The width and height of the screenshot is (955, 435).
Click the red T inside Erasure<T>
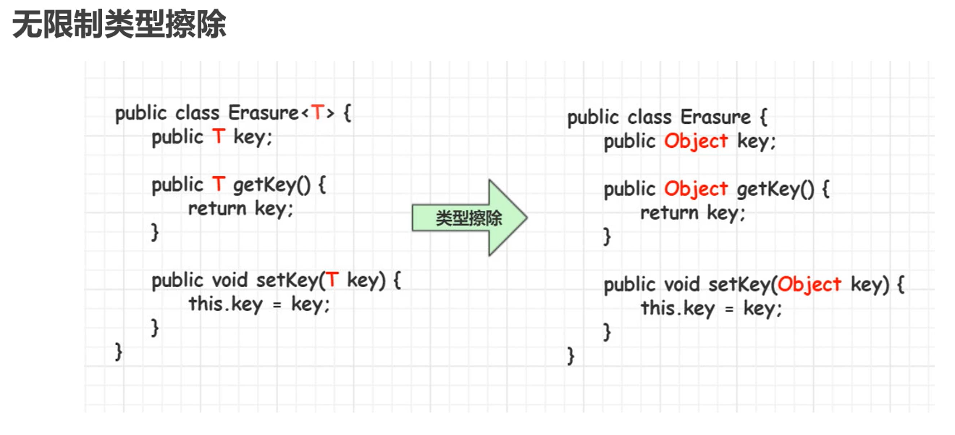(x=318, y=113)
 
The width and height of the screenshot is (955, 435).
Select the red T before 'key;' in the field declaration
(x=219, y=137)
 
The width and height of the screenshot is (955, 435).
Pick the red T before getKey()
(x=219, y=185)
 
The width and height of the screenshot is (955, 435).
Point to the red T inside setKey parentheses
(x=332, y=280)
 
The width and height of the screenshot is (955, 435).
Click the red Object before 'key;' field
(x=696, y=141)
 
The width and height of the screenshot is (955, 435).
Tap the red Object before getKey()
(x=696, y=189)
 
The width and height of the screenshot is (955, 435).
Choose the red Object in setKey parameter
(x=809, y=284)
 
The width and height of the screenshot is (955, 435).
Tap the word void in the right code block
(x=682, y=284)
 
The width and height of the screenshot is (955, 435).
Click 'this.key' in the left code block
(x=224, y=304)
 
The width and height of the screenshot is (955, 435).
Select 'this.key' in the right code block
(x=677, y=308)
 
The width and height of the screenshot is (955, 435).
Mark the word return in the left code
(x=217, y=209)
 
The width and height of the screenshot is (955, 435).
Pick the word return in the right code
(x=669, y=213)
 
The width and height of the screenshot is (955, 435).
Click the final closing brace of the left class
(x=119, y=352)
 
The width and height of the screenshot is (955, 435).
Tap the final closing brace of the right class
(x=571, y=357)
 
